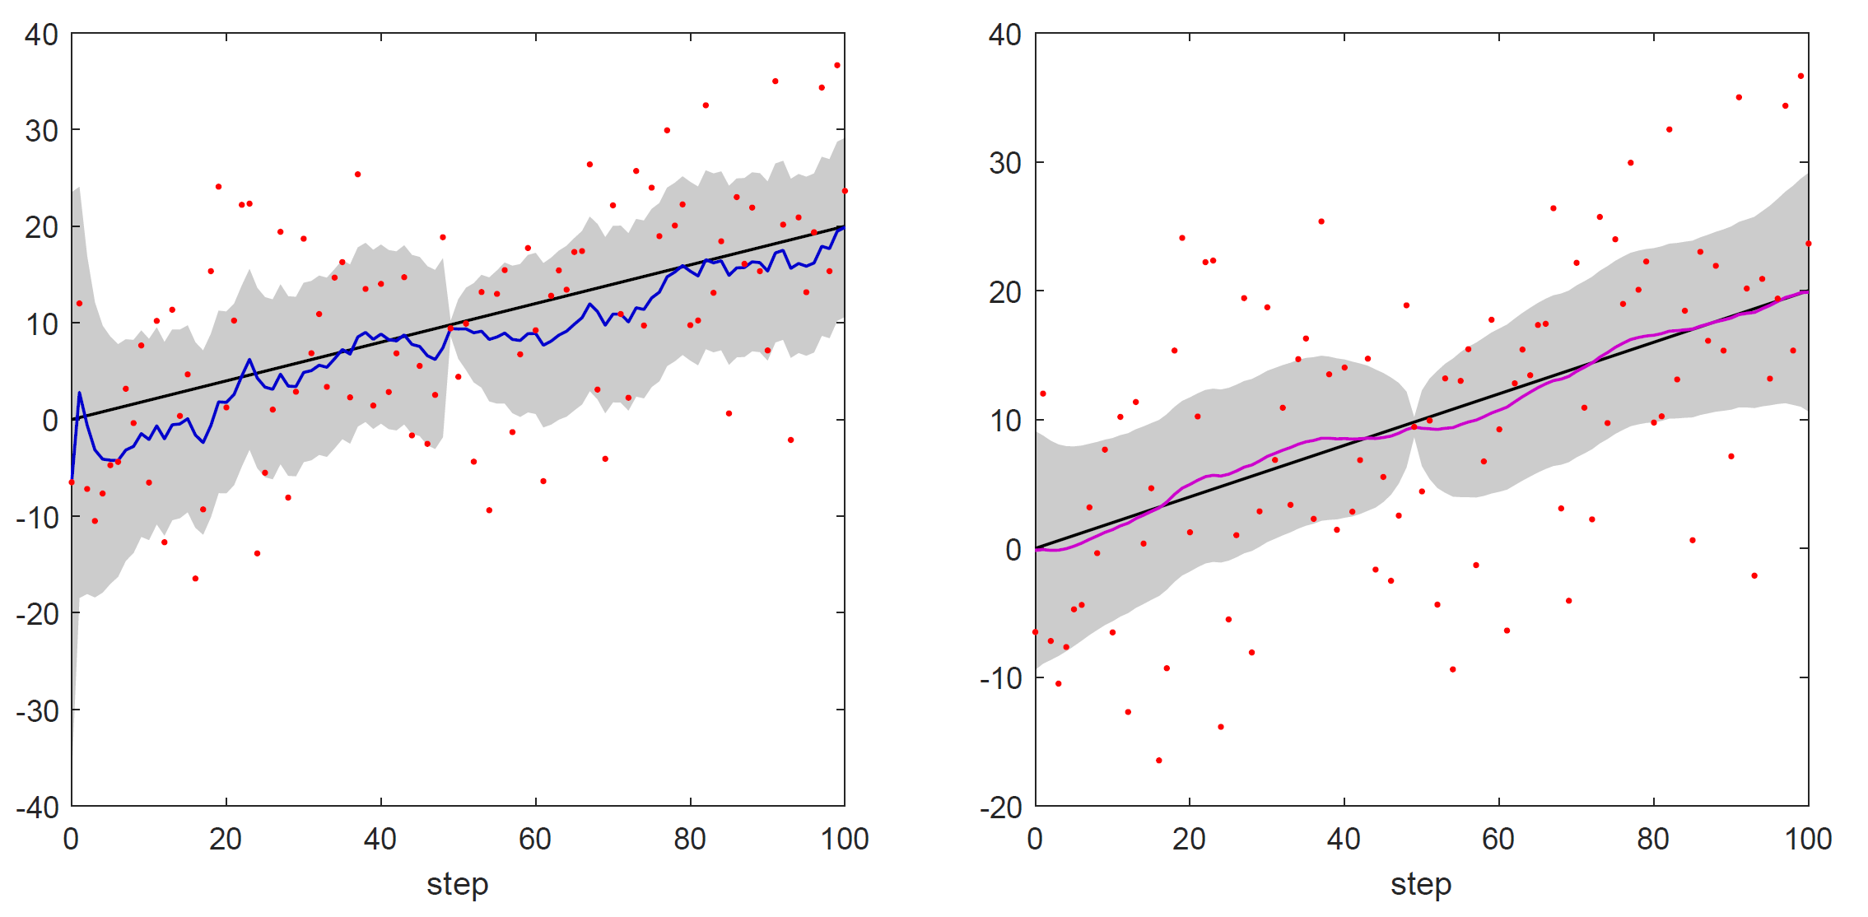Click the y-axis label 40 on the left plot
[41, 35]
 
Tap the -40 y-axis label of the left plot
[37, 807]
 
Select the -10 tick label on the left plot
[37, 517]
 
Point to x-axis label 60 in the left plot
[535, 839]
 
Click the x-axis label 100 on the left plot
[845, 839]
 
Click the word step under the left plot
[458, 884]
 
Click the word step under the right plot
[1421, 884]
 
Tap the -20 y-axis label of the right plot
[1000, 807]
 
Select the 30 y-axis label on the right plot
[1005, 163]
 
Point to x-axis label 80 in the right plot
[1653, 839]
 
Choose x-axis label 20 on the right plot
[1190, 839]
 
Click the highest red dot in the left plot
[837, 65]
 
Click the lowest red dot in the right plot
[1159, 761]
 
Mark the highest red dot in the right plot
[1800, 76]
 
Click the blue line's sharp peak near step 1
[80, 393]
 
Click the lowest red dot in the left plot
[195, 579]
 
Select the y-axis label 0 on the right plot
[1013, 549]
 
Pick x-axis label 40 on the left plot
[380, 839]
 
